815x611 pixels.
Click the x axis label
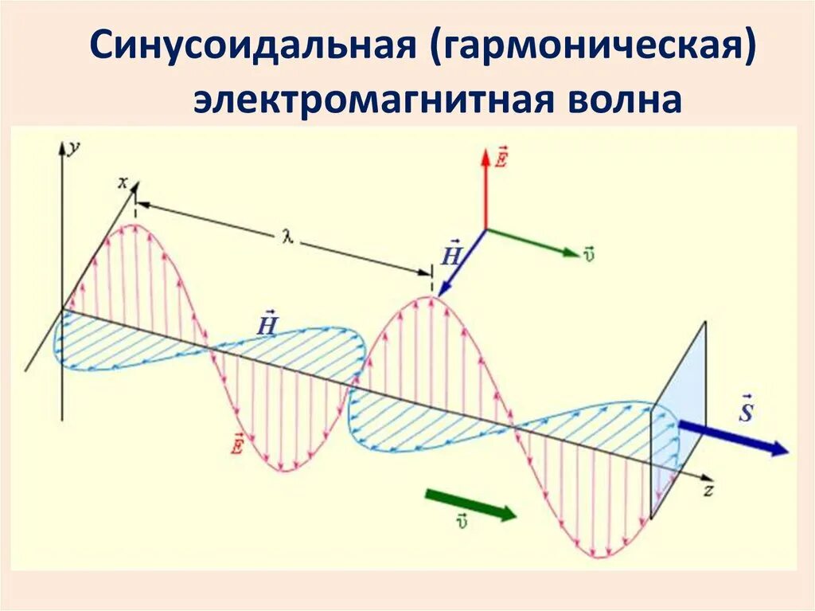(x=123, y=182)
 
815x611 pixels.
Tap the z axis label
(x=707, y=491)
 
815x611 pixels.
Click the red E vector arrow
(x=485, y=187)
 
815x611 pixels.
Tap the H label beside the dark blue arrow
(x=450, y=253)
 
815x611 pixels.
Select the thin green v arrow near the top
(x=532, y=242)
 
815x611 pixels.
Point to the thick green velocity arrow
(x=470, y=506)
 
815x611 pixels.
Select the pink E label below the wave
(x=236, y=443)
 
